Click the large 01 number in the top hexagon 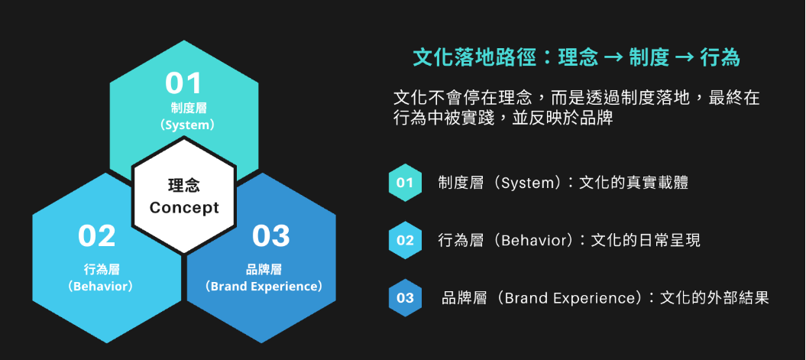pos(183,83)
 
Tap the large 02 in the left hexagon pos(96,235)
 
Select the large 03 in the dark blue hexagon pos(271,235)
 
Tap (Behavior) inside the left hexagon pos(100,286)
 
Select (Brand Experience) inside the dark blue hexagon pos(263,286)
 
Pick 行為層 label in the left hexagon pos(102,269)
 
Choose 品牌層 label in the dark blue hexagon pos(264,269)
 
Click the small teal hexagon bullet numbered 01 pos(405,183)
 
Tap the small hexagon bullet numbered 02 pos(405,240)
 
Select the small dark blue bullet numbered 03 pos(405,298)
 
